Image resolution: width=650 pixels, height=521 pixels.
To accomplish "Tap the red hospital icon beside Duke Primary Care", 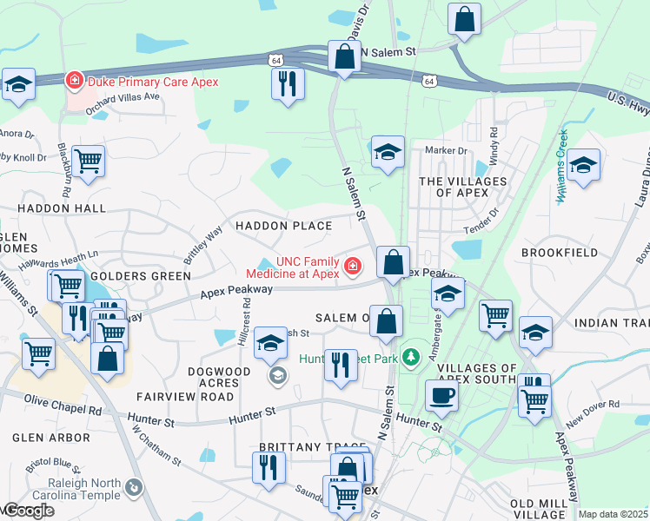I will [76, 81].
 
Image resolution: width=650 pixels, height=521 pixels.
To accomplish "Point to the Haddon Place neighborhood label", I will [283, 226].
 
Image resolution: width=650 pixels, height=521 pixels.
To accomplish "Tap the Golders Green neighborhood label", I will [140, 276].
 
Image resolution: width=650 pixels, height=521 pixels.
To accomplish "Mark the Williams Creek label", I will [561, 167].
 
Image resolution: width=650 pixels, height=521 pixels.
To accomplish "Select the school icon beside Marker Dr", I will [388, 152].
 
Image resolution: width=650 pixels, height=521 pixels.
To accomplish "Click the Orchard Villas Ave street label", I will [123, 96].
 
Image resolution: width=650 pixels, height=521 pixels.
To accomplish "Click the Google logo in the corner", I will [29, 511].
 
